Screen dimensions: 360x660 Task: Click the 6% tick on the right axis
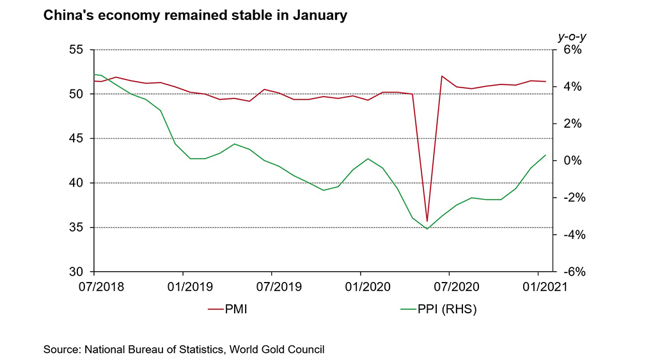tap(572, 50)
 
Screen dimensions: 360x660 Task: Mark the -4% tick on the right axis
tap(570, 235)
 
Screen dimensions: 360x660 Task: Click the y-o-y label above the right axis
tap(572, 36)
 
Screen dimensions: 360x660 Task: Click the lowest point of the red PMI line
tap(427, 221)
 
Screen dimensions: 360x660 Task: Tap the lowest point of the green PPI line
tap(427, 229)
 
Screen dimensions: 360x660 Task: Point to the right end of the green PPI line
tap(546, 155)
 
